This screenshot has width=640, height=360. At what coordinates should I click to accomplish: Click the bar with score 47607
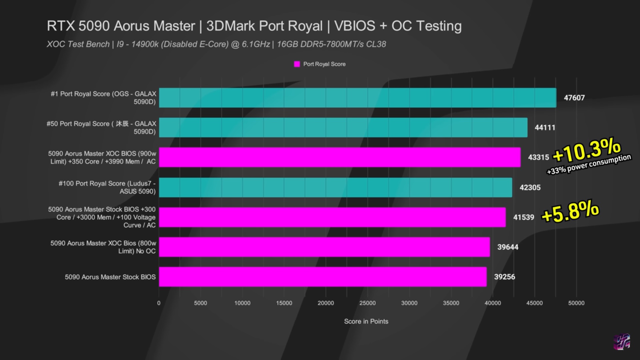(x=357, y=98)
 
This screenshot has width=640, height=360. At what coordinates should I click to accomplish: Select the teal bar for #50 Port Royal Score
(x=343, y=127)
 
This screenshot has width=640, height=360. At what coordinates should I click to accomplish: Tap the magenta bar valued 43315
(x=340, y=157)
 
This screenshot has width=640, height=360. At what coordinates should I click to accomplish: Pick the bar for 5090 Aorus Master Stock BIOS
(x=323, y=277)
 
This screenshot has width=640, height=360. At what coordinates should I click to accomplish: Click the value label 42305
(x=530, y=187)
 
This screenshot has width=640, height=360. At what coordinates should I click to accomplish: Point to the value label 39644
(x=507, y=247)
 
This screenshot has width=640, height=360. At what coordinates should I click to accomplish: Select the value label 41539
(x=523, y=217)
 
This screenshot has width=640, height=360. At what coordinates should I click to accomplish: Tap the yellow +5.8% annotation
(x=570, y=211)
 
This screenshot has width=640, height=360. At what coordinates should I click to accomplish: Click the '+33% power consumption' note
(x=589, y=164)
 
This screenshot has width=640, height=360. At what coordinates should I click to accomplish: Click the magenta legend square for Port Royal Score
(x=297, y=64)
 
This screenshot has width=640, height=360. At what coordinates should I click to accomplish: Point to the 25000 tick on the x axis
(x=367, y=303)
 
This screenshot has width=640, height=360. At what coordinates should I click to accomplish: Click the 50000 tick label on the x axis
(x=576, y=303)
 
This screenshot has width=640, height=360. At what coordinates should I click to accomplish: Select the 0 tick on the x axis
(x=159, y=303)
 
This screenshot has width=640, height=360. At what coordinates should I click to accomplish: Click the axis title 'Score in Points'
(x=366, y=321)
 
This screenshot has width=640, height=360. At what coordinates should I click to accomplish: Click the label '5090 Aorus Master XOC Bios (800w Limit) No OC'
(x=103, y=247)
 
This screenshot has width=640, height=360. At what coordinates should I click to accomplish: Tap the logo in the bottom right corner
(x=622, y=342)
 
